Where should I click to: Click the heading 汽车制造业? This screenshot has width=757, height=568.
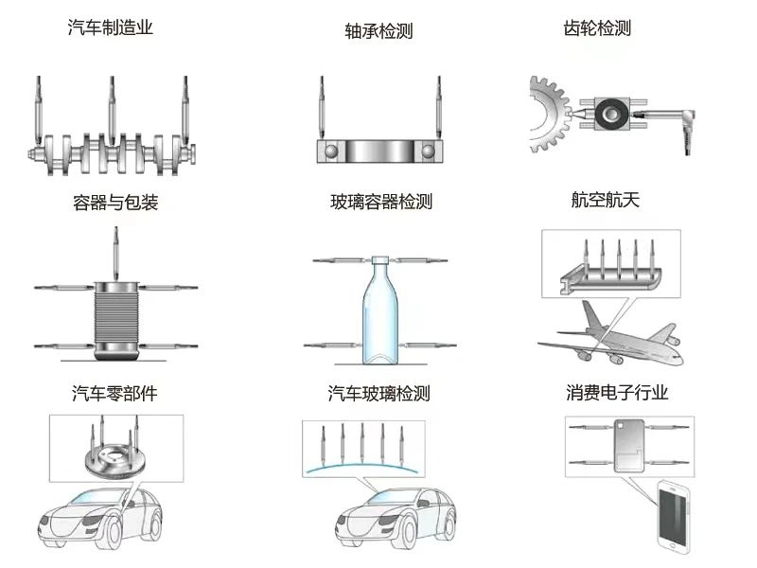click(111, 28)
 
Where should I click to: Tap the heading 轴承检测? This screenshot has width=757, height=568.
click(379, 31)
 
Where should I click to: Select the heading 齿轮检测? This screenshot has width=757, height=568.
click(596, 28)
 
